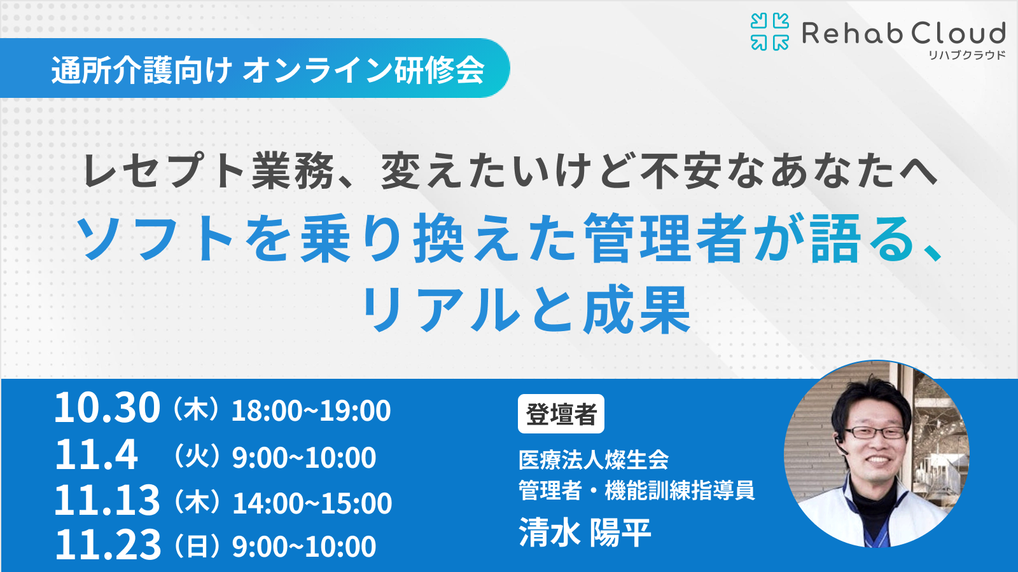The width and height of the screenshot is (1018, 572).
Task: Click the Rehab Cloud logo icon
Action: (x=770, y=31)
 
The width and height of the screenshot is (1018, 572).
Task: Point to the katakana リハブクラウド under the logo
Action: (x=966, y=55)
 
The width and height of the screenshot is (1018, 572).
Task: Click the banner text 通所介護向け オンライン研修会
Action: (x=268, y=70)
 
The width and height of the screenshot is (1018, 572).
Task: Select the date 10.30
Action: (x=108, y=407)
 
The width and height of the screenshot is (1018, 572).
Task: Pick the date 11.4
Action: (x=96, y=455)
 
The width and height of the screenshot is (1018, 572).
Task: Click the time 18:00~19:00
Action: (x=311, y=411)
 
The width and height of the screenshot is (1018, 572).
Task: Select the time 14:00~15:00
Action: (x=312, y=503)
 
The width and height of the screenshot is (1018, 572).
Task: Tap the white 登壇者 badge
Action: (x=561, y=414)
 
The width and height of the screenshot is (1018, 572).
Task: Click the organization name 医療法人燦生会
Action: (x=594, y=460)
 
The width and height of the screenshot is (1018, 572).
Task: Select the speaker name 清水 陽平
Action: (x=585, y=532)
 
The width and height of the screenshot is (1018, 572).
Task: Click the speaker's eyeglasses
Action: (x=875, y=433)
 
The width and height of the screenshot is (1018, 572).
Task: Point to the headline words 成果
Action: (x=637, y=310)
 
